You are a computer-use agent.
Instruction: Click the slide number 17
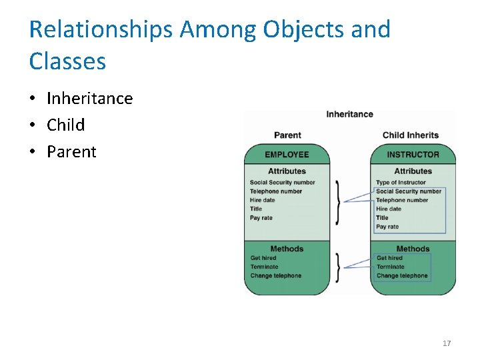point(447,343)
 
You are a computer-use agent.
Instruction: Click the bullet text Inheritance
point(89,99)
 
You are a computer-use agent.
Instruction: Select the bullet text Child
point(65,125)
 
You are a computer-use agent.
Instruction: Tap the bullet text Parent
point(71,152)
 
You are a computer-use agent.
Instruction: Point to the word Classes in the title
point(67,62)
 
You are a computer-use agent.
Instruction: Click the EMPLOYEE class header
point(287,155)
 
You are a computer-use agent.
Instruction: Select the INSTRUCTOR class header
point(413,155)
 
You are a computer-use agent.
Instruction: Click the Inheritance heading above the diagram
point(349,115)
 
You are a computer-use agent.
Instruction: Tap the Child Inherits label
point(411,135)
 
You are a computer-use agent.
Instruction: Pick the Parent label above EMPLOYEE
point(287,135)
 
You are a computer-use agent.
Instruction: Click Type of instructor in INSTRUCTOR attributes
point(401,183)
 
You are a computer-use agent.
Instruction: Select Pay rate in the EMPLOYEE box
point(261,218)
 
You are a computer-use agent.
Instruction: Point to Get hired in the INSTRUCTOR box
point(389,258)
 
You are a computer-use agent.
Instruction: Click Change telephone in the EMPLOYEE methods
point(275,276)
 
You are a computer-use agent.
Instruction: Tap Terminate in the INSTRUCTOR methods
point(391,267)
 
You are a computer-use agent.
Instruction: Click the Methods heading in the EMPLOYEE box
point(287,249)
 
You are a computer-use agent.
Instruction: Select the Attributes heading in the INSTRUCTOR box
point(413,171)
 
